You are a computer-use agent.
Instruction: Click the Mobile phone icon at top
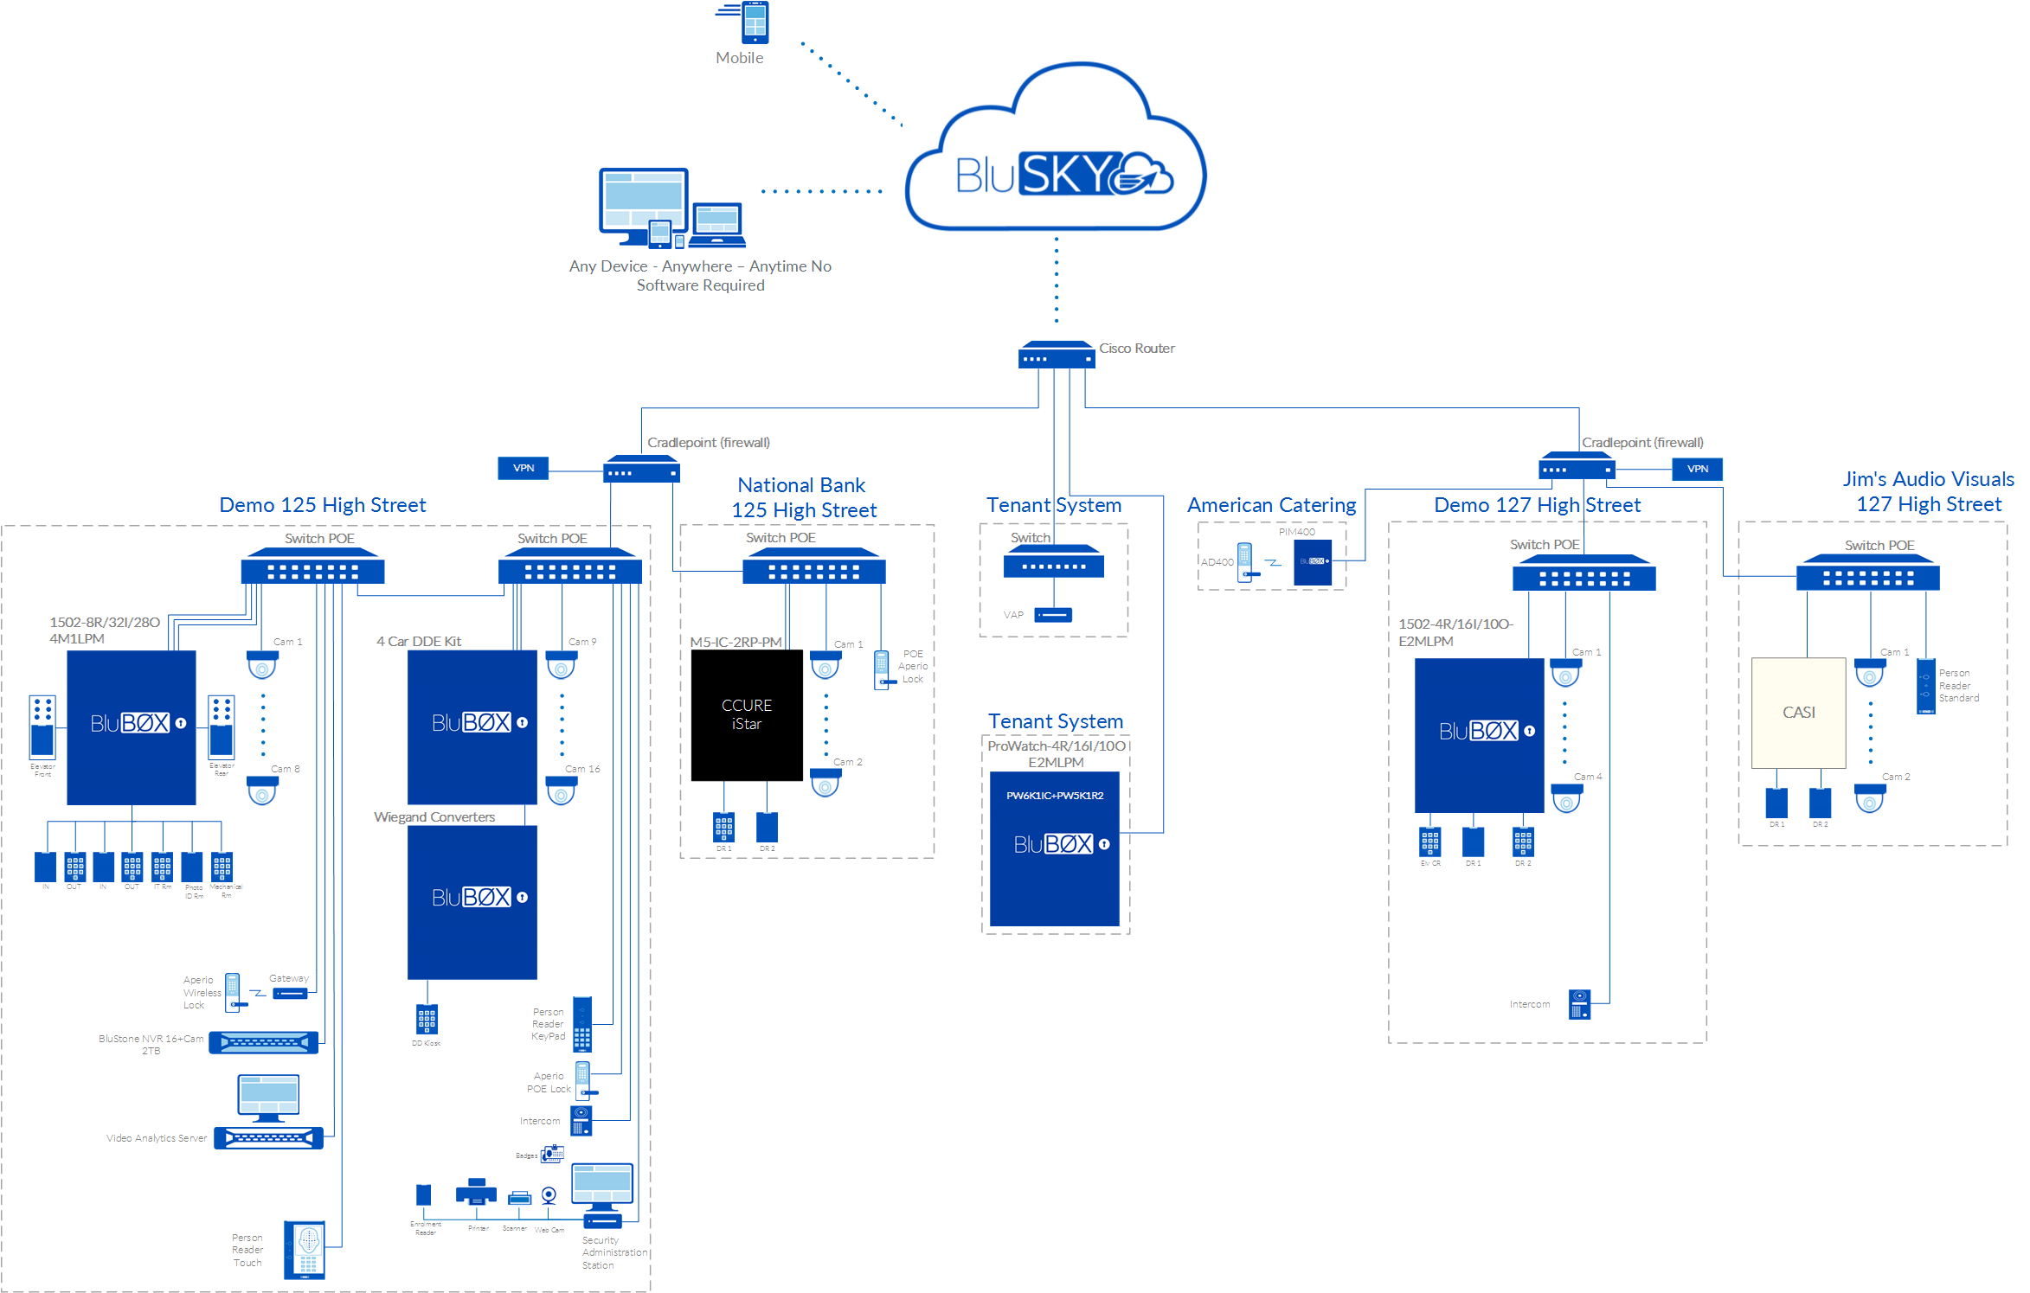pyautogui.click(x=754, y=22)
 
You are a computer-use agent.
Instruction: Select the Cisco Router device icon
pyautogui.click(x=1056, y=355)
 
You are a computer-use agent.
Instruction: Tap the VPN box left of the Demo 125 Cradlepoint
pyautogui.click(x=523, y=468)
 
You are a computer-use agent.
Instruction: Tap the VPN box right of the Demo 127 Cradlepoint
pyautogui.click(x=1697, y=469)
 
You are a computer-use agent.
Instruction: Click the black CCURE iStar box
pyautogui.click(x=746, y=715)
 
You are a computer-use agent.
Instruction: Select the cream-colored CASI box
pyautogui.click(x=1798, y=713)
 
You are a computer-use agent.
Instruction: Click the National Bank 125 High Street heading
pyautogui.click(x=803, y=497)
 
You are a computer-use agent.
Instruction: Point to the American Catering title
pyautogui.click(x=1271, y=505)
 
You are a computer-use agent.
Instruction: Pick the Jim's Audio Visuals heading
pyautogui.click(x=1928, y=491)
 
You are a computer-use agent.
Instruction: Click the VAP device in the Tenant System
pyautogui.click(x=1052, y=615)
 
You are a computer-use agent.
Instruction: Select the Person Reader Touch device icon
pyautogui.click(x=305, y=1250)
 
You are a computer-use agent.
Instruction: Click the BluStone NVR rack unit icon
pyautogui.click(x=263, y=1042)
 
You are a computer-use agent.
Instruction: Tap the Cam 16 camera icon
pyautogui.click(x=561, y=790)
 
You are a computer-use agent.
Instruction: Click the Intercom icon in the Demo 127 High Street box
pyautogui.click(x=1579, y=1004)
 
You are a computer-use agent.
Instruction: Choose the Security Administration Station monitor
pyautogui.click(x=602, y=1187)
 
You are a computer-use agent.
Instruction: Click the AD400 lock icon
pyautogui.click(x=1244, y=562)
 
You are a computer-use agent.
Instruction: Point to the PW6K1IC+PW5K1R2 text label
pyautogui.click(x=1054, y=796)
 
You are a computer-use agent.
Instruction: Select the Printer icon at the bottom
pyautogui.click(x=476, y=1193)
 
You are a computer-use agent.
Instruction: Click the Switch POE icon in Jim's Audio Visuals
pyautogui.click(x=1867, y=575)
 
